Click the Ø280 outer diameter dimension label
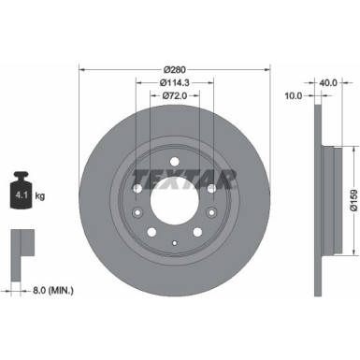click(175, 70)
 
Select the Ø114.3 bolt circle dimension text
click(175, 83)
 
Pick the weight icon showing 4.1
click(20, 192)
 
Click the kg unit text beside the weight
click(42, 195)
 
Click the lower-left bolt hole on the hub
click(151, 232)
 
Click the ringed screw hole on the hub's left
click(135, 213)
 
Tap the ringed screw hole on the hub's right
click(215, 213)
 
